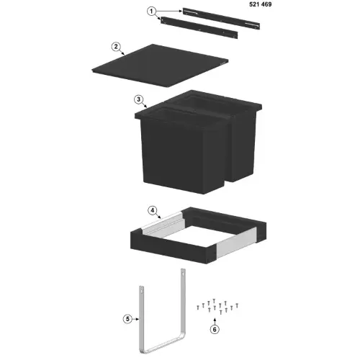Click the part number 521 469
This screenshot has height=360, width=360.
coord(261,4)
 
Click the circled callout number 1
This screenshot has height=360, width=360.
coord(151,12)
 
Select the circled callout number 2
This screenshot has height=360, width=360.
coord(116,47)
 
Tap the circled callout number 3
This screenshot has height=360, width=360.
coord(138,99)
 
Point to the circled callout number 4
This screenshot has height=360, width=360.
coord(153,210)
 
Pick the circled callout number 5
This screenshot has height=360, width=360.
coord(127,319)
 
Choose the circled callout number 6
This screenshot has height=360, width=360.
coord(215,329)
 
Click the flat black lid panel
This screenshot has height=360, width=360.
coord(160,66)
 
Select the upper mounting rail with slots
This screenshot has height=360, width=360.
coord(221,18)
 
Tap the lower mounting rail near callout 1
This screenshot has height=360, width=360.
coord(199,27)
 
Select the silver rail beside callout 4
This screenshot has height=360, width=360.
coord(163,222)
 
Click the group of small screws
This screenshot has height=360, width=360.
coord(217,307)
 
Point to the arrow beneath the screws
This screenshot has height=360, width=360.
coord(215,321)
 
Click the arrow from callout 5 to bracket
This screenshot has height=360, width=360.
coord(135,319)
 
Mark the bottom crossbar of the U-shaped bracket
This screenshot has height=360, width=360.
coord(163,346)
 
